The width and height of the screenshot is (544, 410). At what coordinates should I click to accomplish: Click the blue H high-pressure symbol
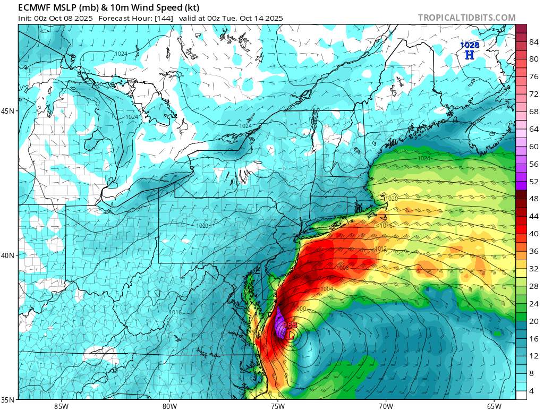click(469, 55)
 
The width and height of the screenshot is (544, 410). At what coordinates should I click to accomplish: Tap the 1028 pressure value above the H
click(469, 46)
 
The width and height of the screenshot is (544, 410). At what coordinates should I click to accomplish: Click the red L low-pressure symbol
click(290, 335)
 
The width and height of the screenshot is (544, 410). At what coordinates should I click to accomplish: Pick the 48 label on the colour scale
click(520, 199)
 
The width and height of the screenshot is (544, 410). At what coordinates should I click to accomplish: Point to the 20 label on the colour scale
click(520, 321)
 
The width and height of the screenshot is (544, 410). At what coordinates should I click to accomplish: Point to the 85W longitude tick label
click(61, 406)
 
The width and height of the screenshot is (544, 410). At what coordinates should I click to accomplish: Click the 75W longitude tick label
click(277, 406)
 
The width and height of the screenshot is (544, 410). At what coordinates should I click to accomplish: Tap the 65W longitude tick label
click(494, 406)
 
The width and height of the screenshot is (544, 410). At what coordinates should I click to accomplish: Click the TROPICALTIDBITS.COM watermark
click(466, 18)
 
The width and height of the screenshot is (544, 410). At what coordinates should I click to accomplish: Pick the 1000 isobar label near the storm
click(301, 309)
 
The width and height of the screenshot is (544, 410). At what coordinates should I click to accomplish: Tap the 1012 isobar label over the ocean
click(380, 249)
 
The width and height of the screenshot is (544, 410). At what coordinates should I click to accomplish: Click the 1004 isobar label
click(327, 289)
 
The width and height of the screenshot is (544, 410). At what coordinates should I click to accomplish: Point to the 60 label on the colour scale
click(520, 147)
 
